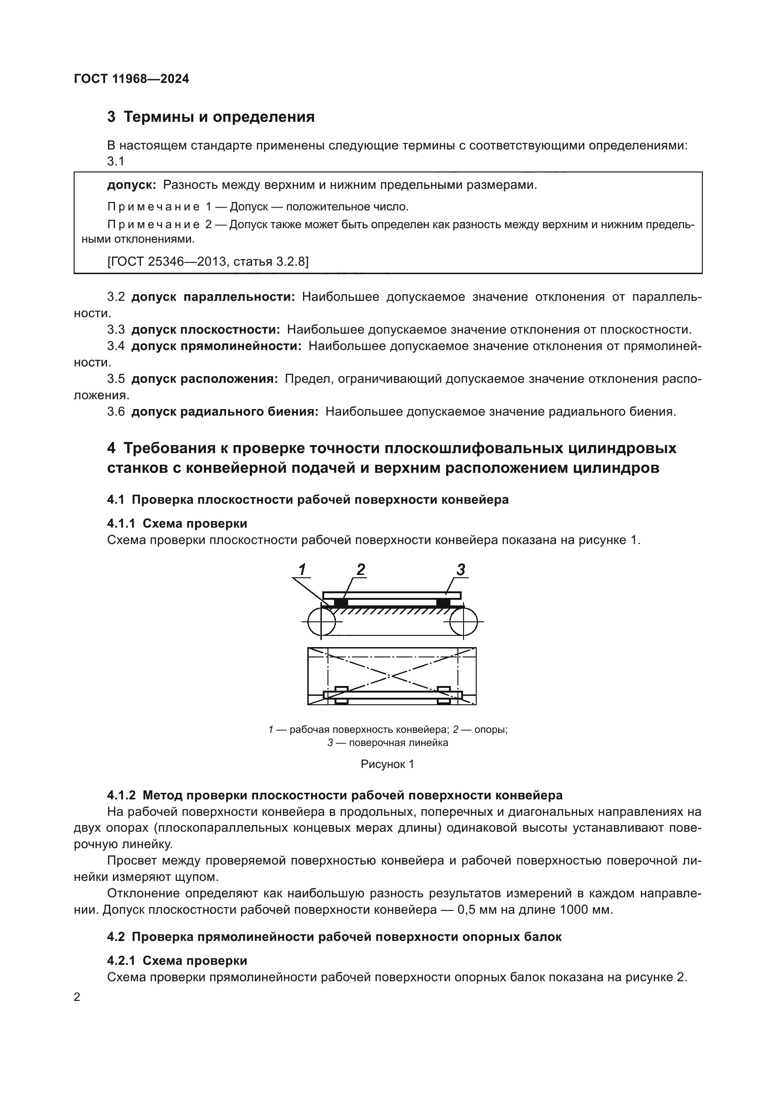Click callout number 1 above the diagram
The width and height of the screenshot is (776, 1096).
click(303, 569)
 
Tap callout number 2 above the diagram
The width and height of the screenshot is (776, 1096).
click(361, 569)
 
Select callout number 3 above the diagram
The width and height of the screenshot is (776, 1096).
click(461, 569)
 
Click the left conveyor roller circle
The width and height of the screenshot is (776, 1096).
click(321, 622)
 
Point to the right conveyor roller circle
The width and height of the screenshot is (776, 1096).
click(464, 622)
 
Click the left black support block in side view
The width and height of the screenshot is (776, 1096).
click(340, 603)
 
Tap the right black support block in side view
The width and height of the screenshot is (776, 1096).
click(443, 603)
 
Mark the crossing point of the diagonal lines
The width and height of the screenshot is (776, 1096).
click(391, 676)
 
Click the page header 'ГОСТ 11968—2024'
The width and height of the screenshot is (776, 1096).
click(132, 79)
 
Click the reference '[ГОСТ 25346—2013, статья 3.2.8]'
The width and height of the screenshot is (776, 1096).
click(208, 261)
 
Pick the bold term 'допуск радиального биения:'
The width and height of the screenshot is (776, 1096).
click(225, 411)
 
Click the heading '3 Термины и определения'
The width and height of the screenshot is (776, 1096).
click(211, 117)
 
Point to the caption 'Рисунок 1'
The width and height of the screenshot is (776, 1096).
click(388, 764)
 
